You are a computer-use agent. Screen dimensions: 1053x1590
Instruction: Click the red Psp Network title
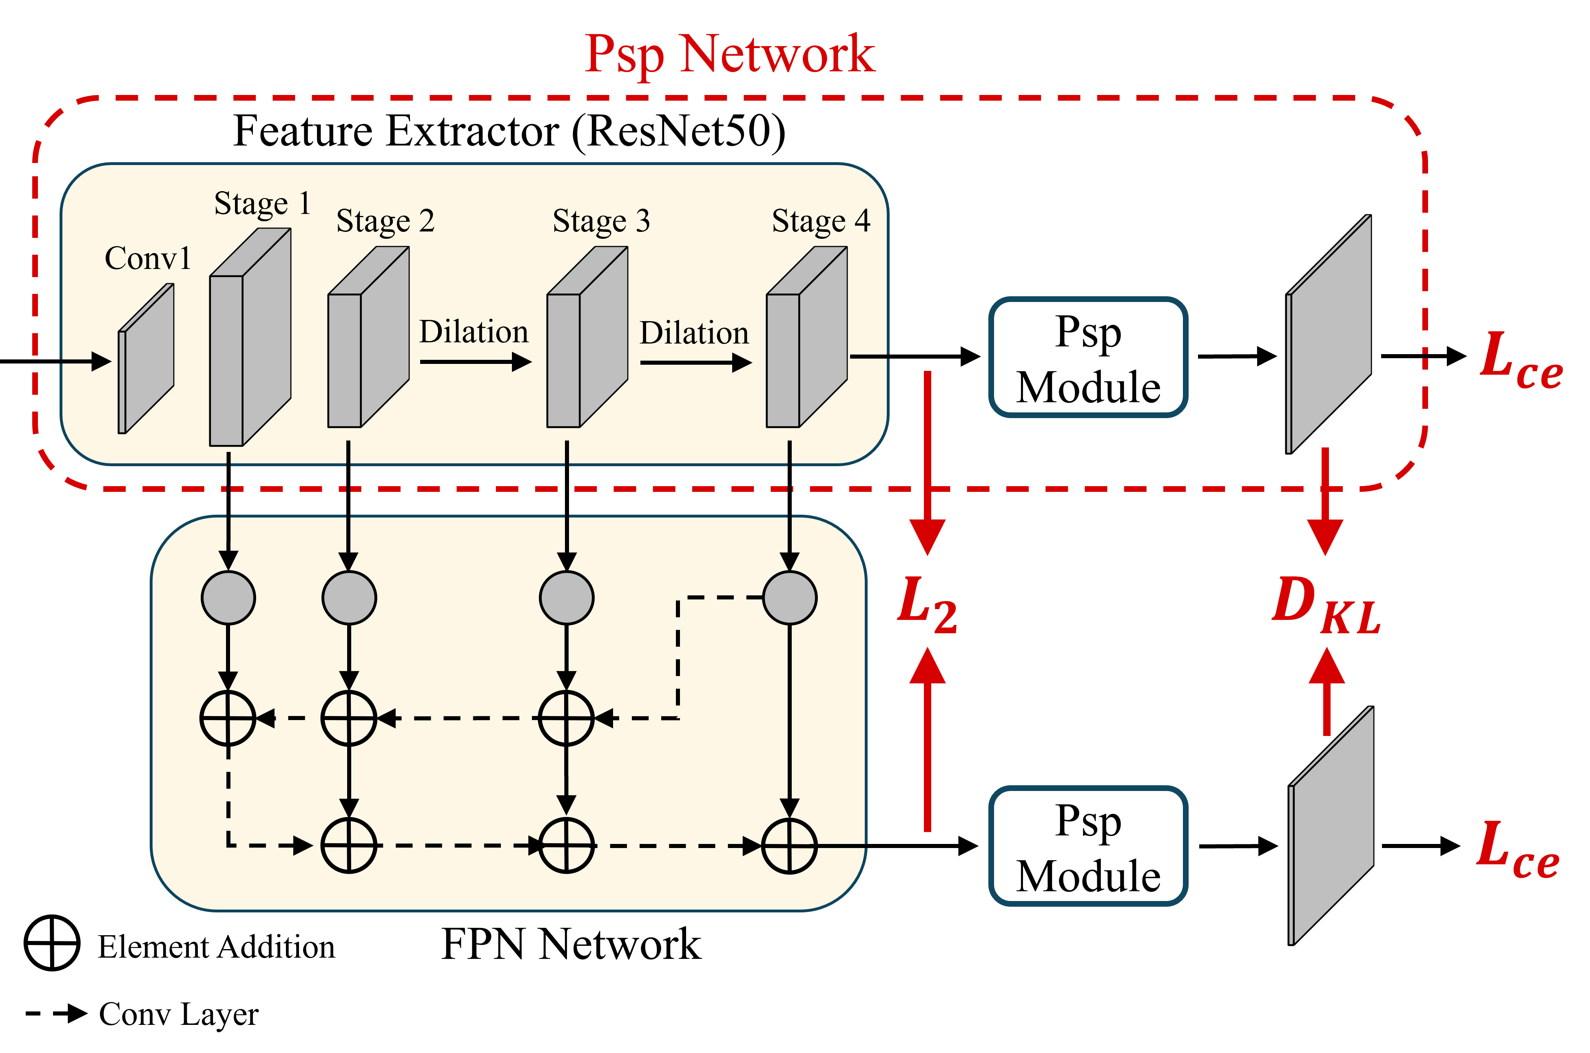pos(729,55)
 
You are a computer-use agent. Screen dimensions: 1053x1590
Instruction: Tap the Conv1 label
pos(148,258)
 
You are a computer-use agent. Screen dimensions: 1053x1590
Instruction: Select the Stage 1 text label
pos(262,203)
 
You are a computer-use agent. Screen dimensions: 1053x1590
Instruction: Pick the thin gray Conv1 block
pos(146,359)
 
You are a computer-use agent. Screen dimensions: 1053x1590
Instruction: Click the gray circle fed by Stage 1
pos(228,598)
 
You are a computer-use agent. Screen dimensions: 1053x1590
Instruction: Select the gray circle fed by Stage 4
pos(790,598)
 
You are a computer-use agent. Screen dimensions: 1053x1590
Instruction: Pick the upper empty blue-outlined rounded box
pos(1088,357)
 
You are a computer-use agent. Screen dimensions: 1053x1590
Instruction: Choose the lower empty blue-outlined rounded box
pos(1088,846)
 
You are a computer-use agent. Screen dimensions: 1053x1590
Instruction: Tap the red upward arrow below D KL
pos(1326,692)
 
